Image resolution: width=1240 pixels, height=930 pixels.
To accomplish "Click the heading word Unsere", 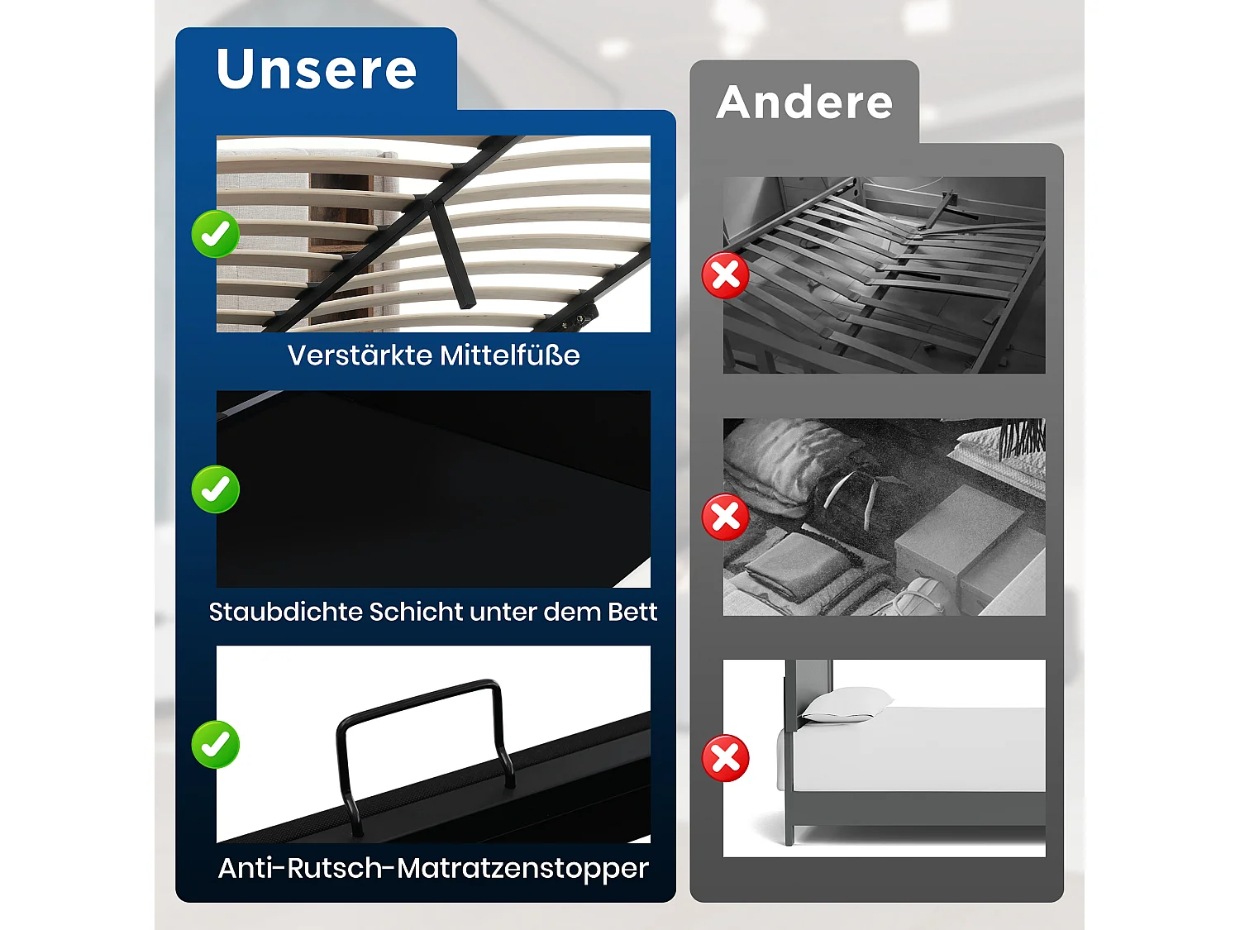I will pyautogui.click(x=317, y=69).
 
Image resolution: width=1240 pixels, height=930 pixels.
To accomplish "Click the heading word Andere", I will pyautogui.click(x=804, y=103).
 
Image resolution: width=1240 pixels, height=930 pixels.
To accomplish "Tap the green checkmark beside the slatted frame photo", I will pyautogui.click(x=216, y=234).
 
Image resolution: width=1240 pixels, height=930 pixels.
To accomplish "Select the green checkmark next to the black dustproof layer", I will pyautogui.click(x=216, y=489).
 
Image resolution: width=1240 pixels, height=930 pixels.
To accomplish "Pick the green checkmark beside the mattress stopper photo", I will pyautogui.click(x=216, y=745).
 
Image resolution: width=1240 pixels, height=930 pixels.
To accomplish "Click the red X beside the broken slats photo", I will pyautogui.click(x=726, y=275).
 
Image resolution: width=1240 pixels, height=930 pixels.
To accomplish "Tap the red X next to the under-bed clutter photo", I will pyautogui.click(x=726, y=517).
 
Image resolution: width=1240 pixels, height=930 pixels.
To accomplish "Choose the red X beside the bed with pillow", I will pyautogui.click(x=726, y=759).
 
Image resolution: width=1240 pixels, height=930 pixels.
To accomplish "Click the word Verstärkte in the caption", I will pyautogui.click(x=360, y=355).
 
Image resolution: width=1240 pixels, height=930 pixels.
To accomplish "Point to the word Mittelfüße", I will pyautogui.click(x=509, y=355).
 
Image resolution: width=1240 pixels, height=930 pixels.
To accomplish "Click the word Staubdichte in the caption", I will pyautogui.click(x=284, y=612).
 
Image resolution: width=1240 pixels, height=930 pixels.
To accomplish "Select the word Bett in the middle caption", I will pyautogui.click(x=632, y=612).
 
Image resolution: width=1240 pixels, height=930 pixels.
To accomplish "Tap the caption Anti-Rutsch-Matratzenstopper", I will pyautogui.click(x=433, y=868).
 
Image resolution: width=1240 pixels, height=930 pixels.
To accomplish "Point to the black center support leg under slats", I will pyautogui.click(x=451, y=256).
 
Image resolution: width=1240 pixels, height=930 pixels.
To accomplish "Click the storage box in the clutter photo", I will pyautogui.click(x=959, y=533).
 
